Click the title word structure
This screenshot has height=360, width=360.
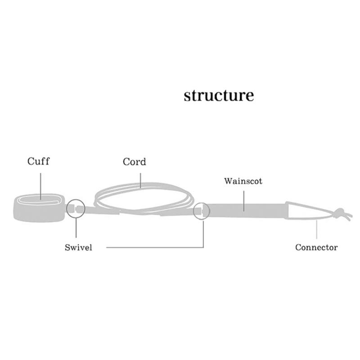pyautogui.click(x=219, y=96)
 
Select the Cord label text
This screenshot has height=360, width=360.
pyautogui.click(x=134, y=162)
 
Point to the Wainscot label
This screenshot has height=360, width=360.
pyautogui.click(x=243, y=181)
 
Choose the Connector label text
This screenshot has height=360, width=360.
pyautogui.click(x=316, y=247)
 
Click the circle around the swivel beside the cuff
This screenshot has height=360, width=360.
pyautogui.click(x=76, y=209)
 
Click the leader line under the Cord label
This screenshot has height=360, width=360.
pyautogui.click(x=141, y=177)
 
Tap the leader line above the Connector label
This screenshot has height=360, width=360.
pyautogui.click(x=317, y=229)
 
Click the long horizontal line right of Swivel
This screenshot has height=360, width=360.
pyautogui.click(x=153, y=247)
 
